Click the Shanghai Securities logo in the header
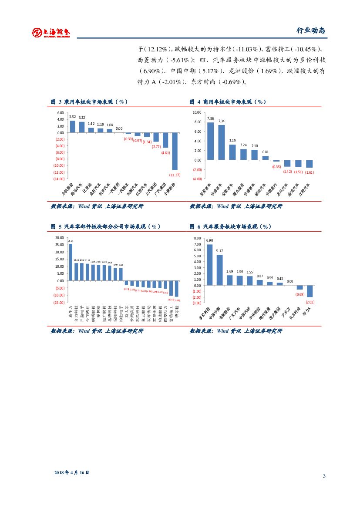[50, 32]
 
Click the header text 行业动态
[310, 30]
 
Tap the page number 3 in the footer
[324, 475]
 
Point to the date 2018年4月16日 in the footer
[72, 472]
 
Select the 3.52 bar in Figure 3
[72, 126]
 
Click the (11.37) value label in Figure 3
[175, 175]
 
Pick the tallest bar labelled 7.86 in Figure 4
[210, 141]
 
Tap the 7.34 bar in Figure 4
[222, 142]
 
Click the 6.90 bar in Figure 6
[209, 264]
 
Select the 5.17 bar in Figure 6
[219, 270]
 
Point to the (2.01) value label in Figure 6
[310, 302]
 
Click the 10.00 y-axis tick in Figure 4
[197, 112]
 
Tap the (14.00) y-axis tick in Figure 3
[59, 179]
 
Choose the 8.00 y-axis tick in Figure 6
[198, 239]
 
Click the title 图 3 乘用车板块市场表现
[89, 102]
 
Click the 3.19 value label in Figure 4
[232, 141]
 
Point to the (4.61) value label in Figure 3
[165, 153]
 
